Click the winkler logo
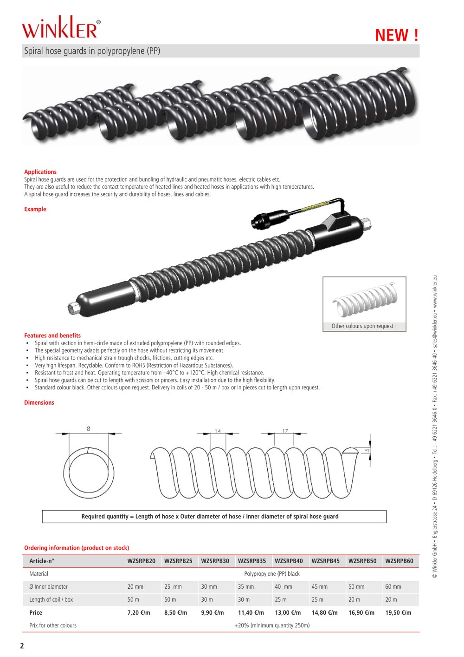point(60,29)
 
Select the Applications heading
point(40,172)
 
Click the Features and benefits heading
point(52,335)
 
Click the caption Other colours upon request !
point(364,326)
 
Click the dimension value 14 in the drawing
point(218,431)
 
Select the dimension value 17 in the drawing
point(285,431)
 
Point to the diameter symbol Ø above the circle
point(89,428)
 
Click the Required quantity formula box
point(214,516)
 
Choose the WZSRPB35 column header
point(252,561)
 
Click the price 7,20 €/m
point(139,612)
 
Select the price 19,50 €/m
point(398,612)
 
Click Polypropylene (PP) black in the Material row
point(272,574)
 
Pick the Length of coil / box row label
point(51,599)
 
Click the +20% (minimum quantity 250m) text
point(272,625)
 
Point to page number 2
point(22,646)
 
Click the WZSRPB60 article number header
point(399,561)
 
